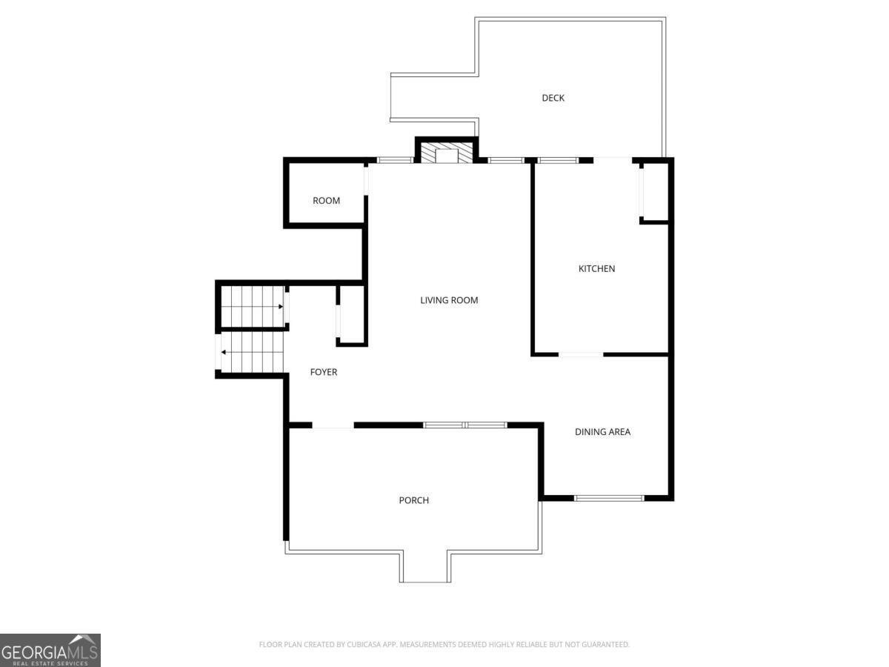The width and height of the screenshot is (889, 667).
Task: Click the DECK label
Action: coord(553,98)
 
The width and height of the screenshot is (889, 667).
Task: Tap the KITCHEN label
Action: coord(596,268)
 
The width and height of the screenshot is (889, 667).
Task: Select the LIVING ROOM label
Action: coord(449,300)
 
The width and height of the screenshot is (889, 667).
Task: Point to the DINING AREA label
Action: coord(602,431)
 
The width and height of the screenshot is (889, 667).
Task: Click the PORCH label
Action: coord(413,500)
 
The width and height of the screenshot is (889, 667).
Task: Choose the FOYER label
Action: coord(324,372)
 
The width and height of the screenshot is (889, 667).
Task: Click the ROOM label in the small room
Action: coord(326,201)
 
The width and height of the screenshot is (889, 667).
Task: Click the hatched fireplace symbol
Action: coord(447,153)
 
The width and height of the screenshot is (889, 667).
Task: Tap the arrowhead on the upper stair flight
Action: coord(281,306)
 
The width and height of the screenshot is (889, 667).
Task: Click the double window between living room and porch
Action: coord(465,425)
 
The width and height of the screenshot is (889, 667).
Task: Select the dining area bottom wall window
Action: coord(610,498)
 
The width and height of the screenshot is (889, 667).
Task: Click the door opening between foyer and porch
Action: coord(333,425)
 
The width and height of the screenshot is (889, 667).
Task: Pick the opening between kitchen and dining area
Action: coord(581,355)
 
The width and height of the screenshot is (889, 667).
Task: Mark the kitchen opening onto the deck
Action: coord(613,159)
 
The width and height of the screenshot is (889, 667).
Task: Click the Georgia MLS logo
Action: coord(50,650)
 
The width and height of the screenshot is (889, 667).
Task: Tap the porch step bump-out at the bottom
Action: coord(425,567)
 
